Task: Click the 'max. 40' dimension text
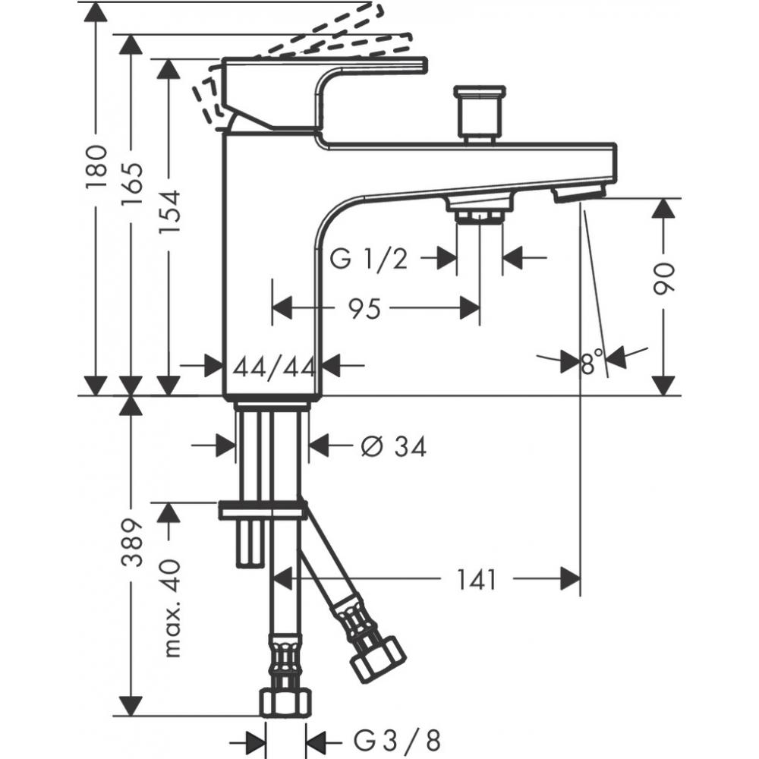[172, 607]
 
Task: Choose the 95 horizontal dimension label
[364, 309]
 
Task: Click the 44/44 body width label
[274, 367]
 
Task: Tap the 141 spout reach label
[476, 580]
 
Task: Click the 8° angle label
[591, 362]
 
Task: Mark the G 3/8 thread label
[396, 739]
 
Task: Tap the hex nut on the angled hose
[377, 657]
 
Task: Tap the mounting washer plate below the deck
[262, 510]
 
